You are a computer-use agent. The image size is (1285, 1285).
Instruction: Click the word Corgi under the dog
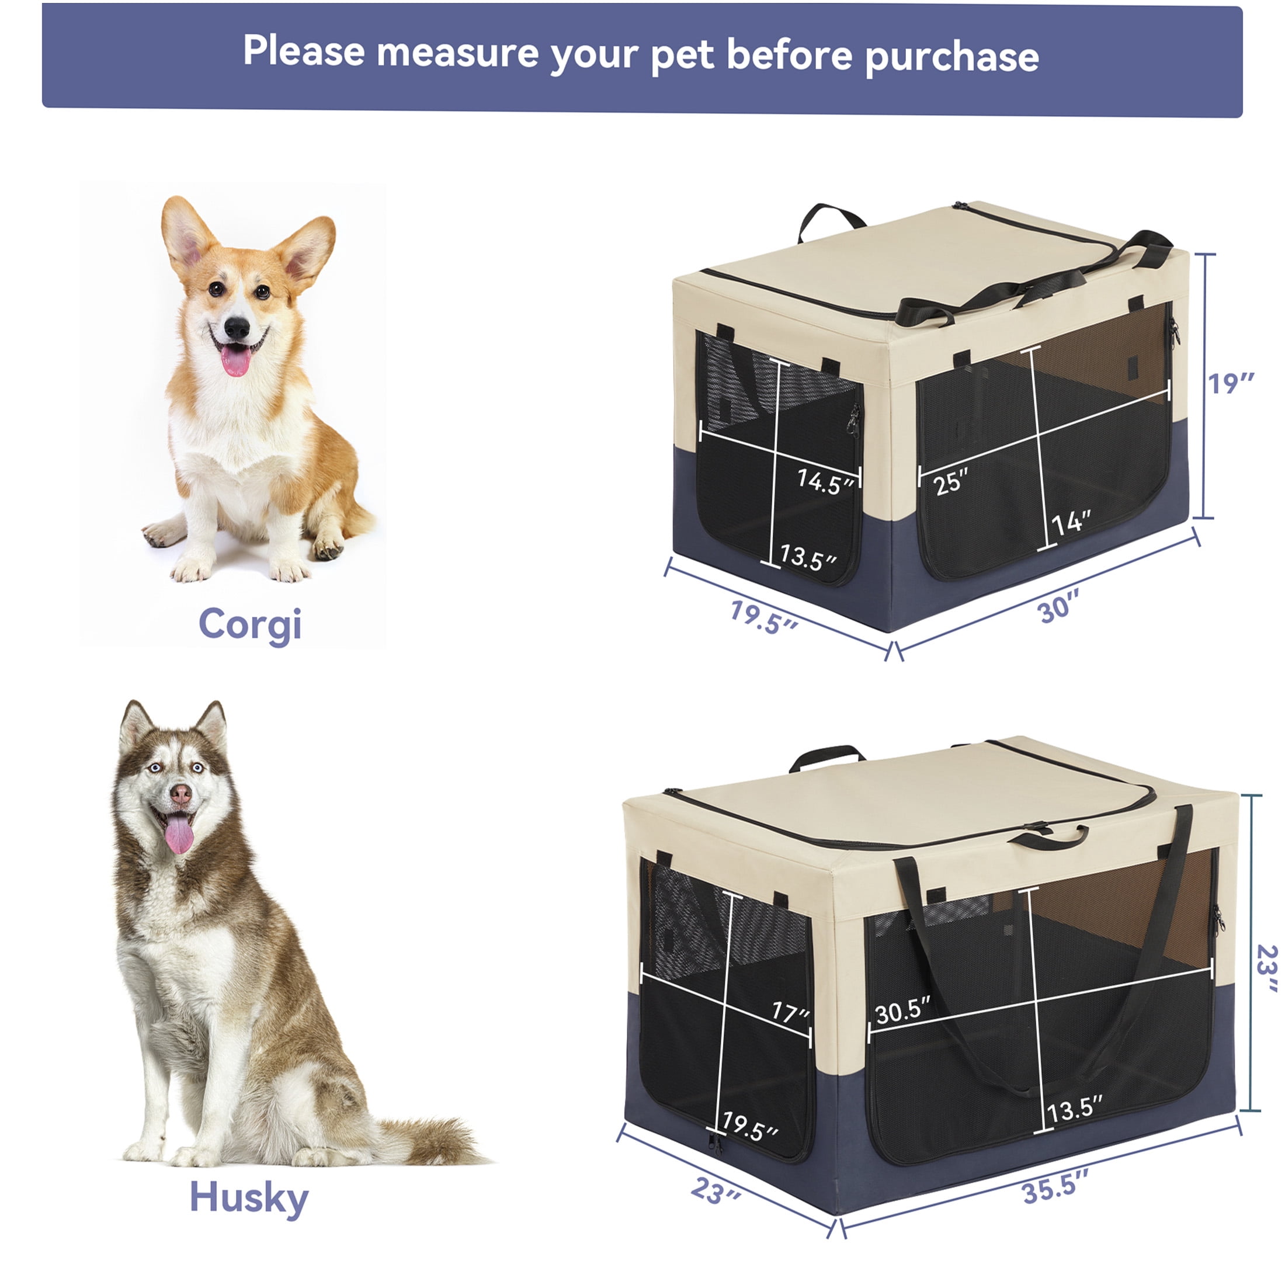click(250, 625)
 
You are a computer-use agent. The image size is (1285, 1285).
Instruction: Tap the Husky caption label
click(249, 1198)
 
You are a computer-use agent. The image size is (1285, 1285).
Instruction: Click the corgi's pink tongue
click(236, 359)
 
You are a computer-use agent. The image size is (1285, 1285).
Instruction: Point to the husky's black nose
click(180, 792)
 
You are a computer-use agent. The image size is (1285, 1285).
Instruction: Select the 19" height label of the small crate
click(1231, 383)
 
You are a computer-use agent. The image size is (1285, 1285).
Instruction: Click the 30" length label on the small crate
click(1059, 607)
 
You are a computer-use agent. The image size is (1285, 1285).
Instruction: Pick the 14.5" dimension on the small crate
click(825, 481)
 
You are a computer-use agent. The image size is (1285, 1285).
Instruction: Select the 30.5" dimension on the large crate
click(902, 1010)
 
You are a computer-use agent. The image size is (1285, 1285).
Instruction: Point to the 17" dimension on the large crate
click(790, 1012)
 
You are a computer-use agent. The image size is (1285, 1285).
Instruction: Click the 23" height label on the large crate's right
click(1267, 968)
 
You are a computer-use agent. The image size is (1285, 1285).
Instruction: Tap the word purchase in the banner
click(952, 56)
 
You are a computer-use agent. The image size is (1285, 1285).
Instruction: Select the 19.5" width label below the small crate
click(763, 617)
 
